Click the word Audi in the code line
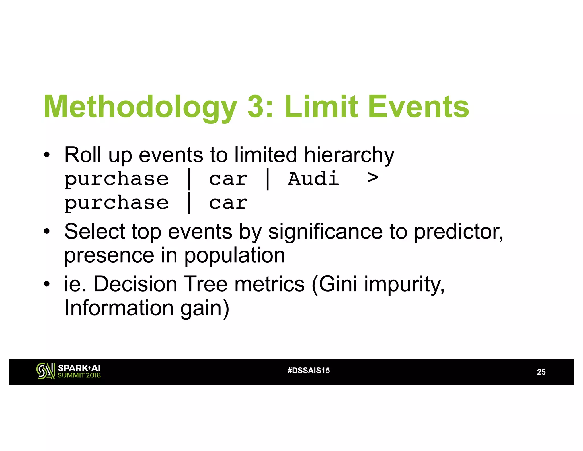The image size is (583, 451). pyautogui.click(x=313, y=179)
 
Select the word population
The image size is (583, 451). pyautogui.click(x=235, y=256)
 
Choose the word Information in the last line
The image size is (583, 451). pyautogui.click(x=119, y=308)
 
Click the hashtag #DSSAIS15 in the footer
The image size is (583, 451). pyautogui.click(x=309, y=370)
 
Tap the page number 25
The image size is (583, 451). pyautogui.click(x=541, y=372)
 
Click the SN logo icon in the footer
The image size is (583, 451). pyautogui.click(x=45, y=371)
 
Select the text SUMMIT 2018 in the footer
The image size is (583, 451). pyautogui.click(x=79, y=375)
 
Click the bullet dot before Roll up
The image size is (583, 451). pyautogui.click(x=47, y=155)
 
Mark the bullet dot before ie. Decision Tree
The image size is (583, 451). pyautogui.click(x=47, y=284)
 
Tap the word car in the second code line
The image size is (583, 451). pyautogui.click(x=228, y=203)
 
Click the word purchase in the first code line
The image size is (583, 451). pyautogui.click(x=116, y=179)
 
